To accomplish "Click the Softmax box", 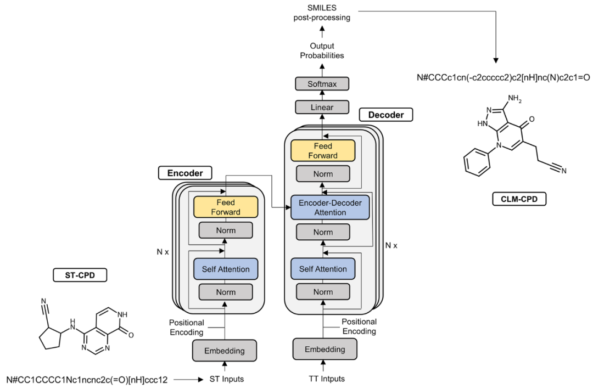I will coord(322,84).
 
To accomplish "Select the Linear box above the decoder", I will coord(322,107).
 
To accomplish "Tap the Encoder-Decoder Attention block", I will coord(330,207).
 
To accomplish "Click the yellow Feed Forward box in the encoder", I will coord(225,207).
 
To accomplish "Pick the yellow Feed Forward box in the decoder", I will coord(323,151).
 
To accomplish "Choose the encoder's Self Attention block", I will coord(225,269).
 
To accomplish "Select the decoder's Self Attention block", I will coord(323,269).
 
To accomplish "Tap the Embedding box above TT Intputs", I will coord(325,349).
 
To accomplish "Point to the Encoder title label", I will coord(185,173).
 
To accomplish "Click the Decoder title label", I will coord(385,115).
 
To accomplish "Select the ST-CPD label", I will coord(79,274).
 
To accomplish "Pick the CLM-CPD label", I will coord(519,199).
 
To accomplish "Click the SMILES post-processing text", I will coord(322,12).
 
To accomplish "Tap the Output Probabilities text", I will coord(322,50).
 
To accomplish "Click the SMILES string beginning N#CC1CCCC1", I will coord(90,379).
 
